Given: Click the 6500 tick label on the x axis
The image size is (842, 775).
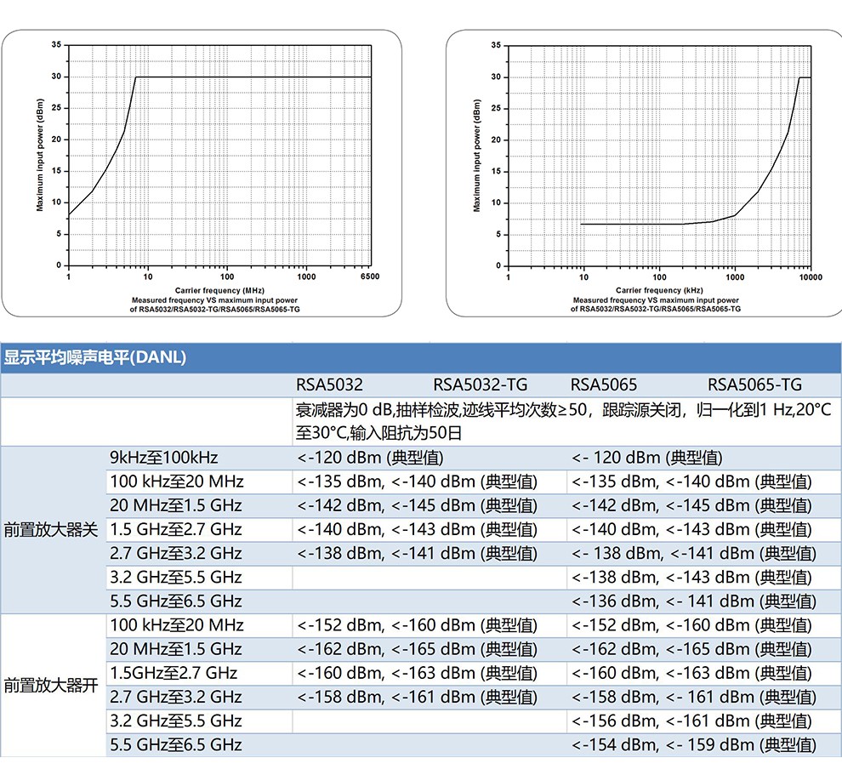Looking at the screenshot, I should pyautogui.click(x=370, y=276).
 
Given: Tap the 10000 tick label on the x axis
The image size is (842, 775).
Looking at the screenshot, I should pyautogui.click(x=811, y=277).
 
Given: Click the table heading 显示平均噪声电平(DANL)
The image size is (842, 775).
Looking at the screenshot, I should pyautogui.click(x=94, y=358).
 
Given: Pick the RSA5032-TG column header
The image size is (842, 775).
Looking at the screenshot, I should pyautogui.click(x=480, y=385).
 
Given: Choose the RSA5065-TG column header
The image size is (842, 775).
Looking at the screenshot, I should pyautogui.click(x=754, y=385).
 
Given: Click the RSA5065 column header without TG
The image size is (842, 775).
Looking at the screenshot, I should pyautogui.click(x=603, y=385).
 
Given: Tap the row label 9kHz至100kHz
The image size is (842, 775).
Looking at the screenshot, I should pyautogui.click(x=164, y=458).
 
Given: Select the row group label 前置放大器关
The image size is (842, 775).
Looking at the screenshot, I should pyautogui.click(x=51, y=529).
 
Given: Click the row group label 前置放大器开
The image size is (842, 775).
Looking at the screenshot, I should pyautogui.click(x=51, y=685).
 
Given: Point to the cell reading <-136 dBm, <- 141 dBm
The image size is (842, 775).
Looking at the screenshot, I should pyautogui.click(x=693, y=601).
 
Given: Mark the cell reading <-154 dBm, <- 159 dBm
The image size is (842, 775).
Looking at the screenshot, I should pyautogui.click(x=693, y=745).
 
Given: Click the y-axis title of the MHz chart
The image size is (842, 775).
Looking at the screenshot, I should pyautogui.click(x=40, y=155).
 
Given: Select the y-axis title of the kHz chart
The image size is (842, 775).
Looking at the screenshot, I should pyautogui.click(x=476, y=156).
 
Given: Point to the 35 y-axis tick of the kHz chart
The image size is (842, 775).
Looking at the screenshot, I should pyautogui.click(x=495, y=44).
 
